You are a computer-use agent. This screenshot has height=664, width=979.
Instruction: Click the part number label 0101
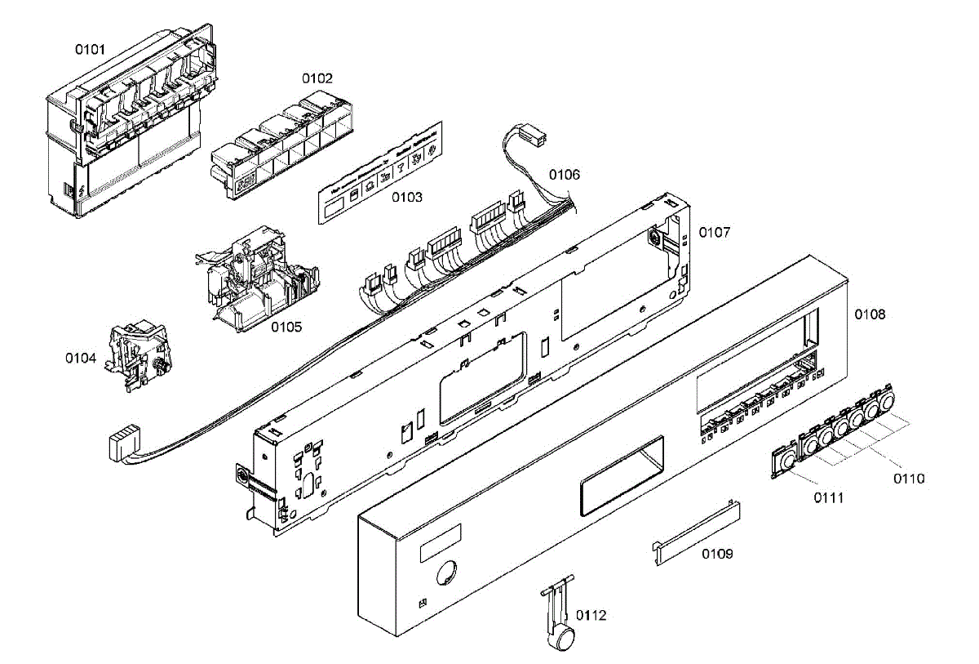(91, 49)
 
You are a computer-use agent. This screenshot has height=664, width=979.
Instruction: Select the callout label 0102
(317, 78)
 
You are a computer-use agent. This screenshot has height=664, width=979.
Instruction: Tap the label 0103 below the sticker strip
(405, 197)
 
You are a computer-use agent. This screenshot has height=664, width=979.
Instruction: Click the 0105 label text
(286, 327)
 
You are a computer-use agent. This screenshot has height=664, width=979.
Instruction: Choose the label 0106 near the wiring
(564, 174)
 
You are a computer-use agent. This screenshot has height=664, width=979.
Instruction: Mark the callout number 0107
(714, 233)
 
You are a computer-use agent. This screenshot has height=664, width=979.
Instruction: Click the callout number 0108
(870, 314)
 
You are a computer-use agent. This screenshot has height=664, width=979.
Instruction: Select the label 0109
(717, 554)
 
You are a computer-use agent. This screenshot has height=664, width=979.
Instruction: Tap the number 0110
(908, 479)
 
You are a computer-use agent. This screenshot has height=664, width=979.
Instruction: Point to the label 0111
(829, 497)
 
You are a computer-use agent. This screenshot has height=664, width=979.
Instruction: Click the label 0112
(591, 615)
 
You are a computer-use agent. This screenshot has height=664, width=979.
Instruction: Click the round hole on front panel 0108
(445, 573)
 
